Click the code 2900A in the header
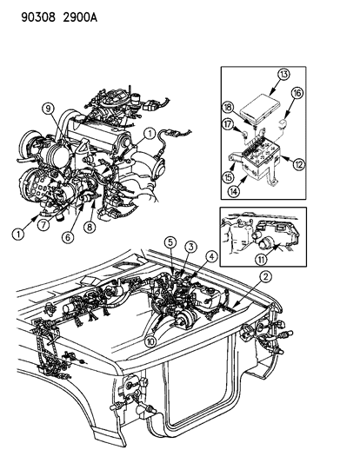click(63, 10)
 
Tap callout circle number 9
click(49, 109)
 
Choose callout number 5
click(172, 242)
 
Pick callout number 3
click(186, 248)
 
